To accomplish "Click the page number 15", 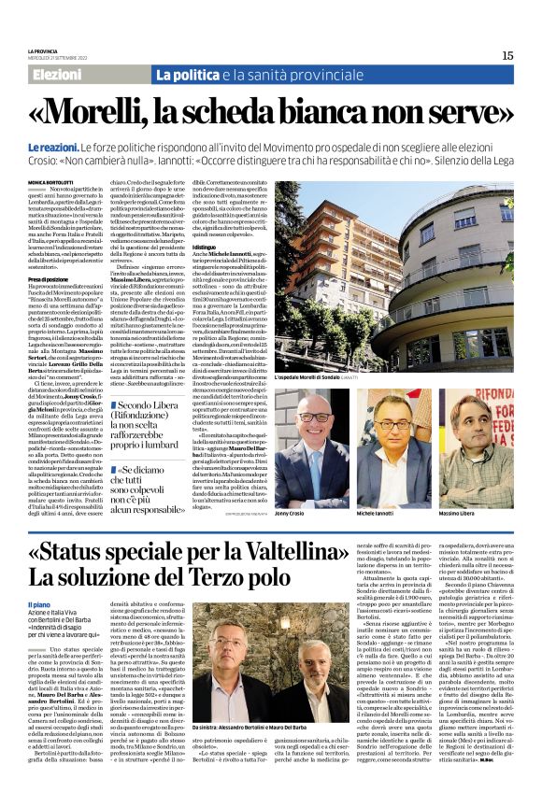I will coord(506,55).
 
